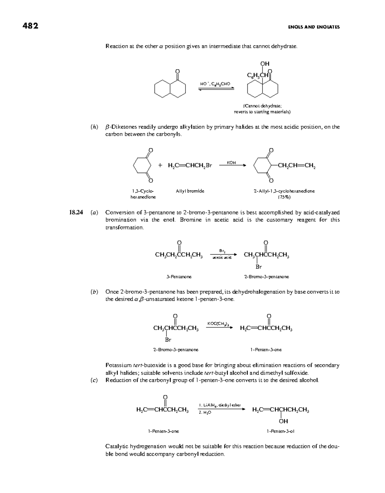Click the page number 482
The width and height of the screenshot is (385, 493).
click(x=30, y=26)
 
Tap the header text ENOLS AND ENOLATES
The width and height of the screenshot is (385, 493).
click(x=314, y=27)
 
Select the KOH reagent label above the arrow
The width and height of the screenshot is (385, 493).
click(x=231, y=163)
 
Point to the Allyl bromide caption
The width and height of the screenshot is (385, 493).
click(x=190, y=191)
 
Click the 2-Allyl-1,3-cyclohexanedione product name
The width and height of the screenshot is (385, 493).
click(x=284, y=191)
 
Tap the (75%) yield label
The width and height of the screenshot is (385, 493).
click(x=284, y=197)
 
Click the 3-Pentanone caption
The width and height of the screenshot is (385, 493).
click(x=179, y=277)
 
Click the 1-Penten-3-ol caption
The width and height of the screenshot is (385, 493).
click(x=280, y=431)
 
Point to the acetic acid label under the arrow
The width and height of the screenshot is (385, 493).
click(x=222, y=257)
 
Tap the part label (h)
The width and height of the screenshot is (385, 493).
click(x=94, y=127)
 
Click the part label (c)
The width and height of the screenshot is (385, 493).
click(x=94, y=381)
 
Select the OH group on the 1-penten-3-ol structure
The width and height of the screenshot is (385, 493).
click(x=284, y=421)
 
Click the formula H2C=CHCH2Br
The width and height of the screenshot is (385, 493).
click(x=190, y=166)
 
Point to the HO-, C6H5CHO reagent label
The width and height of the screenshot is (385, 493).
click(x=215, y=84)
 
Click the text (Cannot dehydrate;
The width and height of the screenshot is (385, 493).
click(x=262, y=106)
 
